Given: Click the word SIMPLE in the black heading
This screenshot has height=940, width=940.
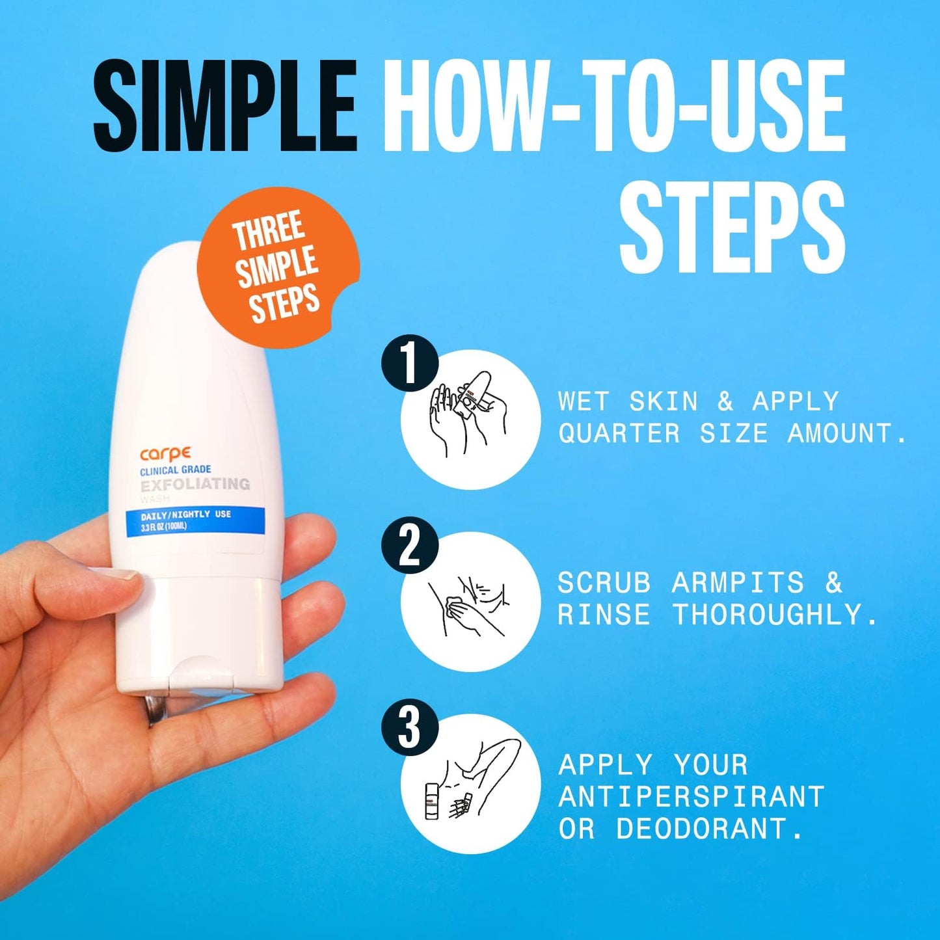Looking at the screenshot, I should pos(224,105).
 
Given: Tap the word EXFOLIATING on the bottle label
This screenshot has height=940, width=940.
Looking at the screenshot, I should pos(195,485).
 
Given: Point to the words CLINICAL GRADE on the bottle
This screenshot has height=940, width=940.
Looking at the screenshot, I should pos(176,469).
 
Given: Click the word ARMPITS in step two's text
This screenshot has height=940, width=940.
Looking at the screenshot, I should pos(738,583).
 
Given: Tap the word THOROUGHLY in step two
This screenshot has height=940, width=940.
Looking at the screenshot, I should pos(774,615).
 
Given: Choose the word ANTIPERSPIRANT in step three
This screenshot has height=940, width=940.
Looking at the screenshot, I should pos(692,797).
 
